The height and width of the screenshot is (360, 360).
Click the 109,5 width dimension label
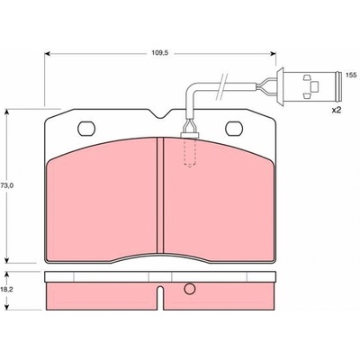(159, 53)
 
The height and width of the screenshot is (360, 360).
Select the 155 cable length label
(351, 75)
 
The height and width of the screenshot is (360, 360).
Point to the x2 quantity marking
(337, 111)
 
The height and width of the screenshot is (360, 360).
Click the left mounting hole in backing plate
(86, 129)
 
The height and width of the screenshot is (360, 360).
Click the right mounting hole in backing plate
(234, 129)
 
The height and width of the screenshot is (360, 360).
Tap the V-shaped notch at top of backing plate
(160, 114)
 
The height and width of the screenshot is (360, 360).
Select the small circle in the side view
(190, 289)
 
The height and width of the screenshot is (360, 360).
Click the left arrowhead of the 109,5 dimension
(47, 54)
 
